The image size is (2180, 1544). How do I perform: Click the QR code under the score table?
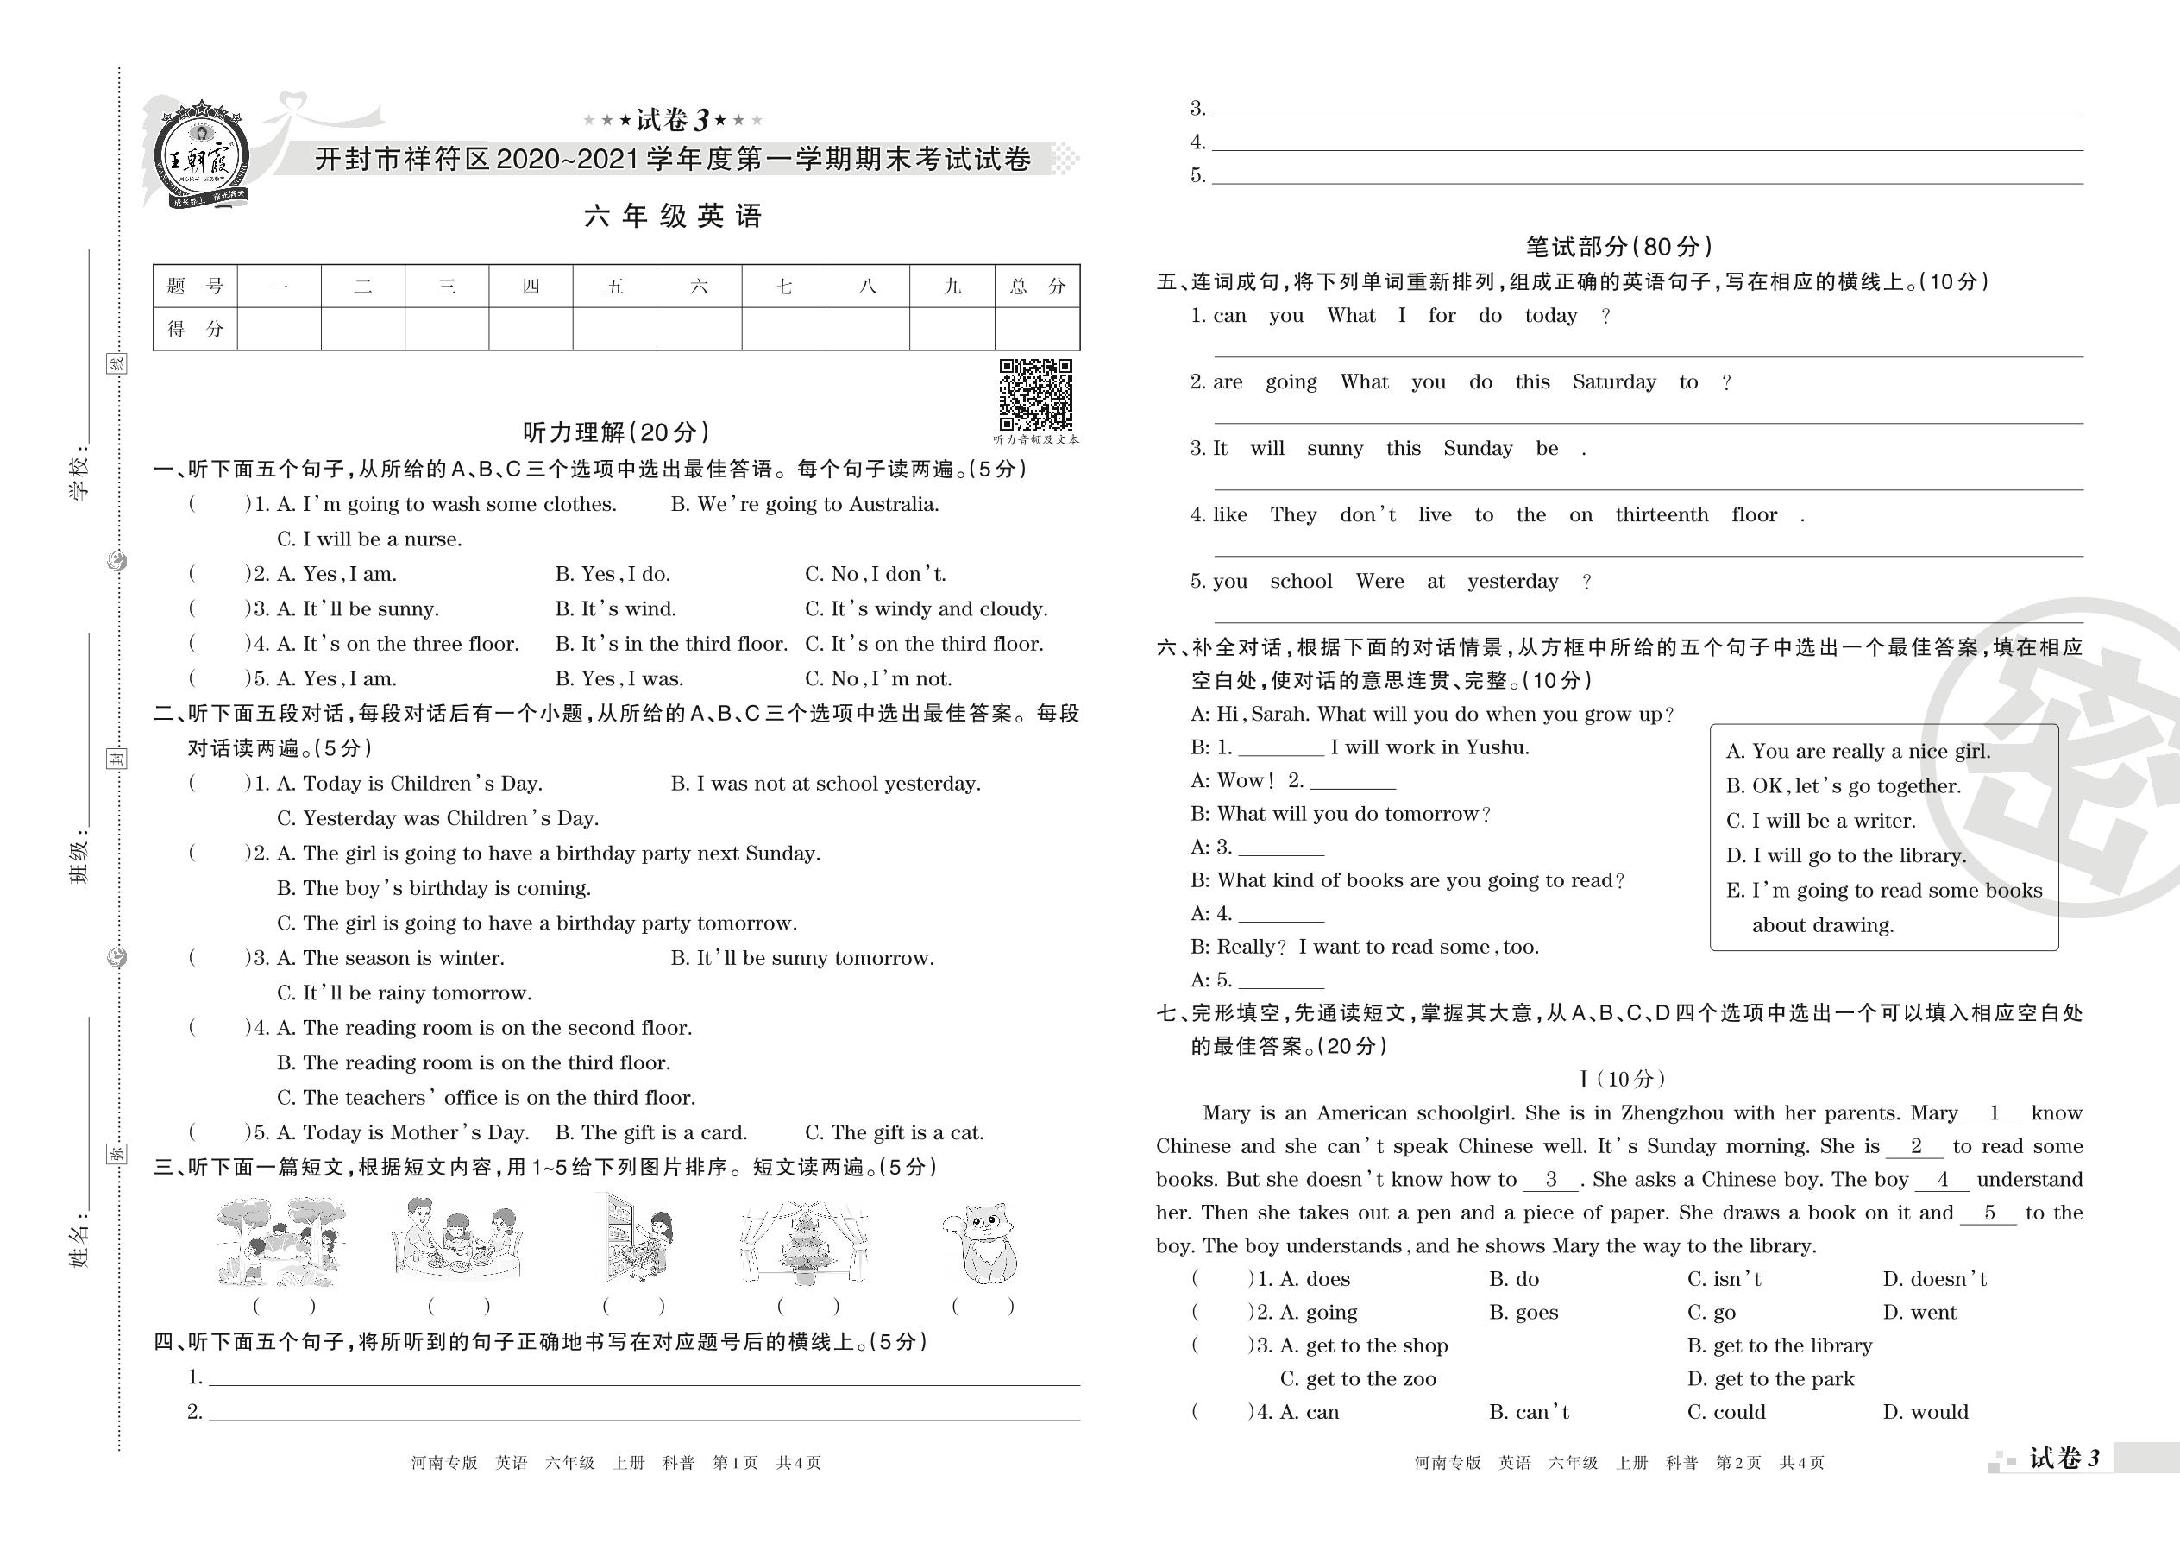point(1035,394)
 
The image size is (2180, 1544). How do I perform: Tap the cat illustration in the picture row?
point(982,1244)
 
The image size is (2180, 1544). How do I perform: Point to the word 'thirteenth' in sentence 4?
point(1662,515)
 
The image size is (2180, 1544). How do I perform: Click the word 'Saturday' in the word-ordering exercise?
point(1613,382)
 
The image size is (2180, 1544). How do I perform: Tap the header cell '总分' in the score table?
point(1037,287)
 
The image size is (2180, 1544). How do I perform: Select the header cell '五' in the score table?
point(615,287)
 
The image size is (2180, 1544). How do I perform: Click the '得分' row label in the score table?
point(195,329)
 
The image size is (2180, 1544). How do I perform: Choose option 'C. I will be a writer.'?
point(1820,821)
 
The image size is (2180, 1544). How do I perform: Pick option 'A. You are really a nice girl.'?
point(1856,751)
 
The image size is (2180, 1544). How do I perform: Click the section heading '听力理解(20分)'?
point(616,432)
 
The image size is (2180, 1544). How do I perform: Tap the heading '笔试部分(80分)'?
point(1618,247)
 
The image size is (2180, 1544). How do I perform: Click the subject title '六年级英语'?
point(673,217)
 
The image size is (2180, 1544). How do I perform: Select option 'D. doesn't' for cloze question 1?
point(1934,1280)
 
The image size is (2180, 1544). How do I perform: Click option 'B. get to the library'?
point(1779,1346)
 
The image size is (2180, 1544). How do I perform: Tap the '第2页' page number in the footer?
point(1738,1463)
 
